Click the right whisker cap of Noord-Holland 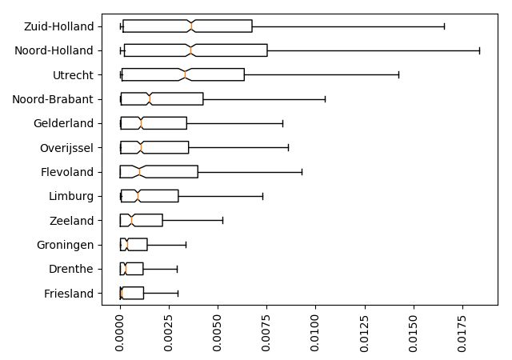pyautogui.click(x=479, y=50)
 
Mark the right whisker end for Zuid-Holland pyautogui.click(x=444, y=26)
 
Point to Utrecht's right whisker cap pyautogui.click(x=398, y=75)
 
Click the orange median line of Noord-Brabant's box pyautogui.click(x=149, y=99)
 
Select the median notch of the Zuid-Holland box pyautogui.click(x=191, y=26)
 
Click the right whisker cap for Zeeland pyautogui.click(x=222, y=221)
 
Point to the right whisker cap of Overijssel pyautogui.click(x=288, y=148)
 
